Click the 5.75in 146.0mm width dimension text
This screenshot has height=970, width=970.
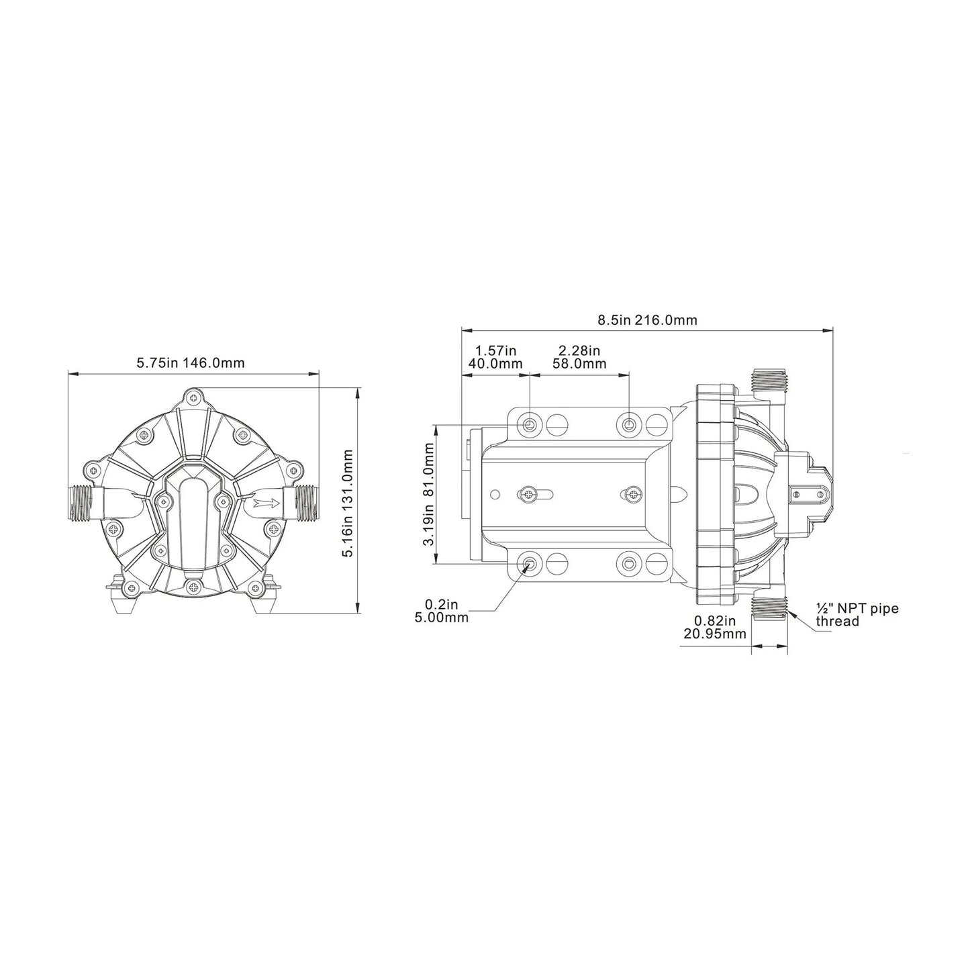(x=191, y=363)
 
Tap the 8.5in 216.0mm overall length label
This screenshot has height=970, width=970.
(x=647, y=320)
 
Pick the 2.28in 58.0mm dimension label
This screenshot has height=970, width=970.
(x=579, y=357)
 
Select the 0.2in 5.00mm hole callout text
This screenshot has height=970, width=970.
(x=442, y=612)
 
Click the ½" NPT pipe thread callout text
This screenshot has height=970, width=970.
(x=856, y=615)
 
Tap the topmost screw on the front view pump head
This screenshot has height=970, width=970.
(x=194, y=398)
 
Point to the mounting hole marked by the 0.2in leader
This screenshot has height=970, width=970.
(x=530, y=563)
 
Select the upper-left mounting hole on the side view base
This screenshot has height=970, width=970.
(x=530, y=424)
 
